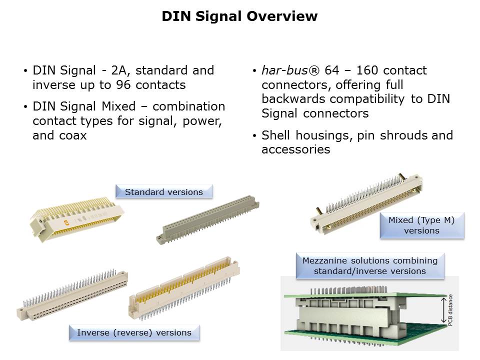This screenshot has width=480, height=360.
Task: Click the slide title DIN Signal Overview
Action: tap(239, 16)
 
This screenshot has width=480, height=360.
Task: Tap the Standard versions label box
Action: tap(164, 192)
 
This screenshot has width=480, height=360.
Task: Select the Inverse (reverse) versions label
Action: tap(134, 332)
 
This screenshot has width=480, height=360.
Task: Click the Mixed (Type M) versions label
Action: tap(421, 225)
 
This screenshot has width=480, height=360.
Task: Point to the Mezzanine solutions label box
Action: tap(369, 265)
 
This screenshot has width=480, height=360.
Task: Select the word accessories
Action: tap(295, 149)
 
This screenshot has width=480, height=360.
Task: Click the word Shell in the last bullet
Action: tap(276, 135)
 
